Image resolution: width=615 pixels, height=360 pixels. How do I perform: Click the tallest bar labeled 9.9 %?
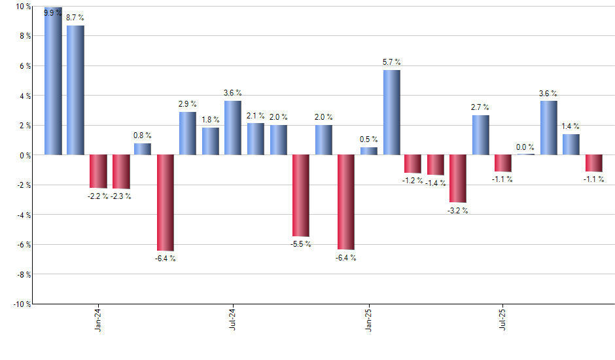tap(53, 81)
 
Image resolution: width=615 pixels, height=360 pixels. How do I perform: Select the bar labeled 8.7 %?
tap(75, 90)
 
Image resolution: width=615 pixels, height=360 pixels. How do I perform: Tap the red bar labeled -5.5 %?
tap(301, 195)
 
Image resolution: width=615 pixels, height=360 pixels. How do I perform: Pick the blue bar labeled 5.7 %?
tap(391, 113)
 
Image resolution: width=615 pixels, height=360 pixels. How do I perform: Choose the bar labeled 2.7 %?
tap(481, 135)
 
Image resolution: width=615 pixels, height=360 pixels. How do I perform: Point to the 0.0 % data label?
tap(525, 147)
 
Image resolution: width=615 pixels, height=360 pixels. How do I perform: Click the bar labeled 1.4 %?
tap(571, 144)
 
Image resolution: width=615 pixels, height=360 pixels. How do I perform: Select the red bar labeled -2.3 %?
tap(120, 171)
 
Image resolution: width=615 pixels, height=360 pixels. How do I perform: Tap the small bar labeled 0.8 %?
tap(143, 149)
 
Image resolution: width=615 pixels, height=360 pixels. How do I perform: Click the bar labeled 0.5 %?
tap(369, 151)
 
